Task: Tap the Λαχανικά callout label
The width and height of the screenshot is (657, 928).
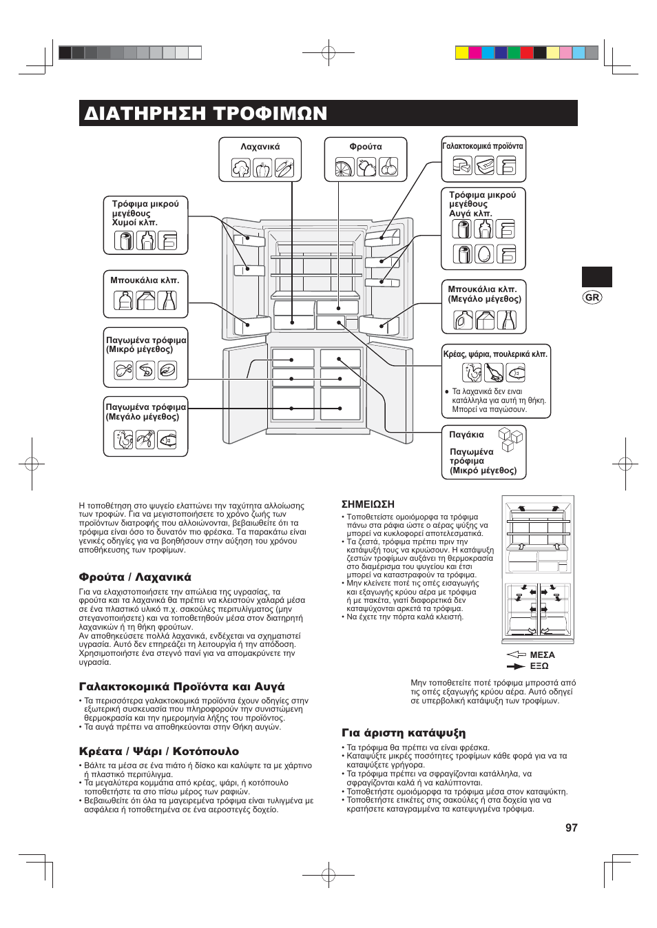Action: (x=260, y=147)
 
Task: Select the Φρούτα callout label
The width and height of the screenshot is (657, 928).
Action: (x=366, y=147)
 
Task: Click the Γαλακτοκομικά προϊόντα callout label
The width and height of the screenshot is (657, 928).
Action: (x=483, y=146)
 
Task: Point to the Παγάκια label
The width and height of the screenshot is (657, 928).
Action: (x=466, y=435)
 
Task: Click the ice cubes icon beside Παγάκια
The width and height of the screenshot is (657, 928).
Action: (x=510, y=438)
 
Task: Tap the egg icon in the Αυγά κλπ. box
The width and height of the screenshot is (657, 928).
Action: (x=484, y=254)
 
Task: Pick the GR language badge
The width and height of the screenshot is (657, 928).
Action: (x=592, y=297)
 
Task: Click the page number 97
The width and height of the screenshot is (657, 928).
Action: (x=571, y=827)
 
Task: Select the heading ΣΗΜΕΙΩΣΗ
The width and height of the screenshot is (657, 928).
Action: (x=368, y=504)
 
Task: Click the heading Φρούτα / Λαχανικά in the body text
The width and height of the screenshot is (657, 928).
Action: (x=135, y=577)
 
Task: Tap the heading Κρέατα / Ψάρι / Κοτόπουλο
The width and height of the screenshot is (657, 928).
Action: (x=159, y=751)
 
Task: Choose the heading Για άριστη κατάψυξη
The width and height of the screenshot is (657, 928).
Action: (x=404, y=733)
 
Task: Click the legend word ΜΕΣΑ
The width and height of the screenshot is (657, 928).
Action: (x=542, y=654)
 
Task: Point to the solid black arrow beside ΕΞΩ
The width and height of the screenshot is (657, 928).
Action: (x=516, y=666)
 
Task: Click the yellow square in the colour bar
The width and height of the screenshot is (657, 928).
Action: (x=462, y=53)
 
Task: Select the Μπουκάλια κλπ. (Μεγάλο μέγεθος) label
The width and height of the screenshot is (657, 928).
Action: (x=484, y=294)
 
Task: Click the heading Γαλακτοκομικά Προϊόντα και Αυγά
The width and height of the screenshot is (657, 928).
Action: (x=182, y=687)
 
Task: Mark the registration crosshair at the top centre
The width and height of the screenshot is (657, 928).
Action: (x=328, y=52)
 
